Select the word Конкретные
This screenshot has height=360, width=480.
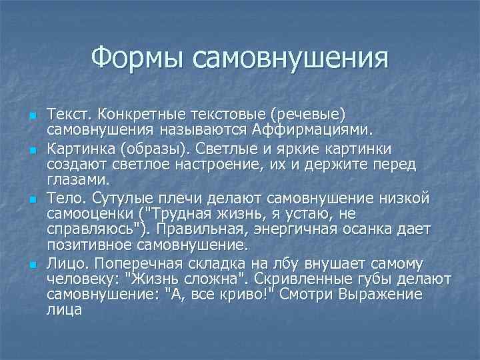click(x=138, y=113)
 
